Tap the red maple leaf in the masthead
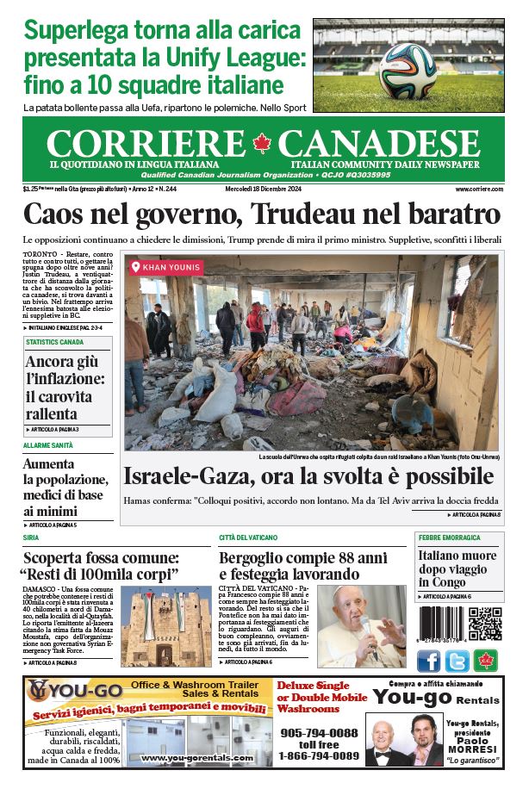point(263,144)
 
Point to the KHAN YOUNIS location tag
point(166,267)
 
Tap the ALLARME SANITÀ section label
point(48,445)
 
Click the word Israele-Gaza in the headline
point(194,476)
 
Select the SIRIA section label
point(31,537)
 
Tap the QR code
point(485,624)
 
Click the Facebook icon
point(428,661)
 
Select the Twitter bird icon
point(457,661)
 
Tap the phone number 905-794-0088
point(318,732)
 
